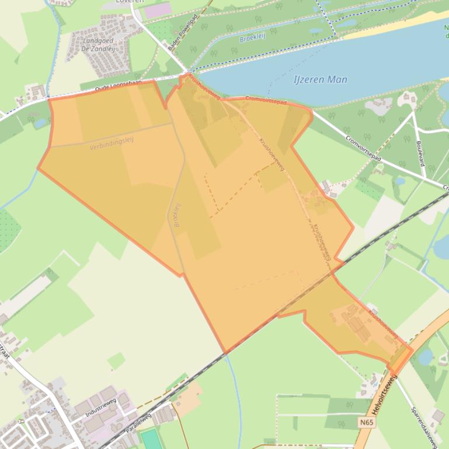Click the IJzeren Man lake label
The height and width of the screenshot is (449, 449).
click(x=321, y=80)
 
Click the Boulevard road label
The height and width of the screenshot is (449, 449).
click(x=419, y=152)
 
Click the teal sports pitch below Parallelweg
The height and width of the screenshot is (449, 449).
click(x=151, y=439)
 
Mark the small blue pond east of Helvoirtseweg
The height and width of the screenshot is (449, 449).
click(x=426, y=356)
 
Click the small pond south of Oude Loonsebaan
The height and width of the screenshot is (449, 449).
click(x=40, y=123)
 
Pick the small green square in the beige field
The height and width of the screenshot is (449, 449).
click(x=116, y=360)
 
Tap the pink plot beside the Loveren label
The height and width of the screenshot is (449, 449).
click(x=157, y=10)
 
